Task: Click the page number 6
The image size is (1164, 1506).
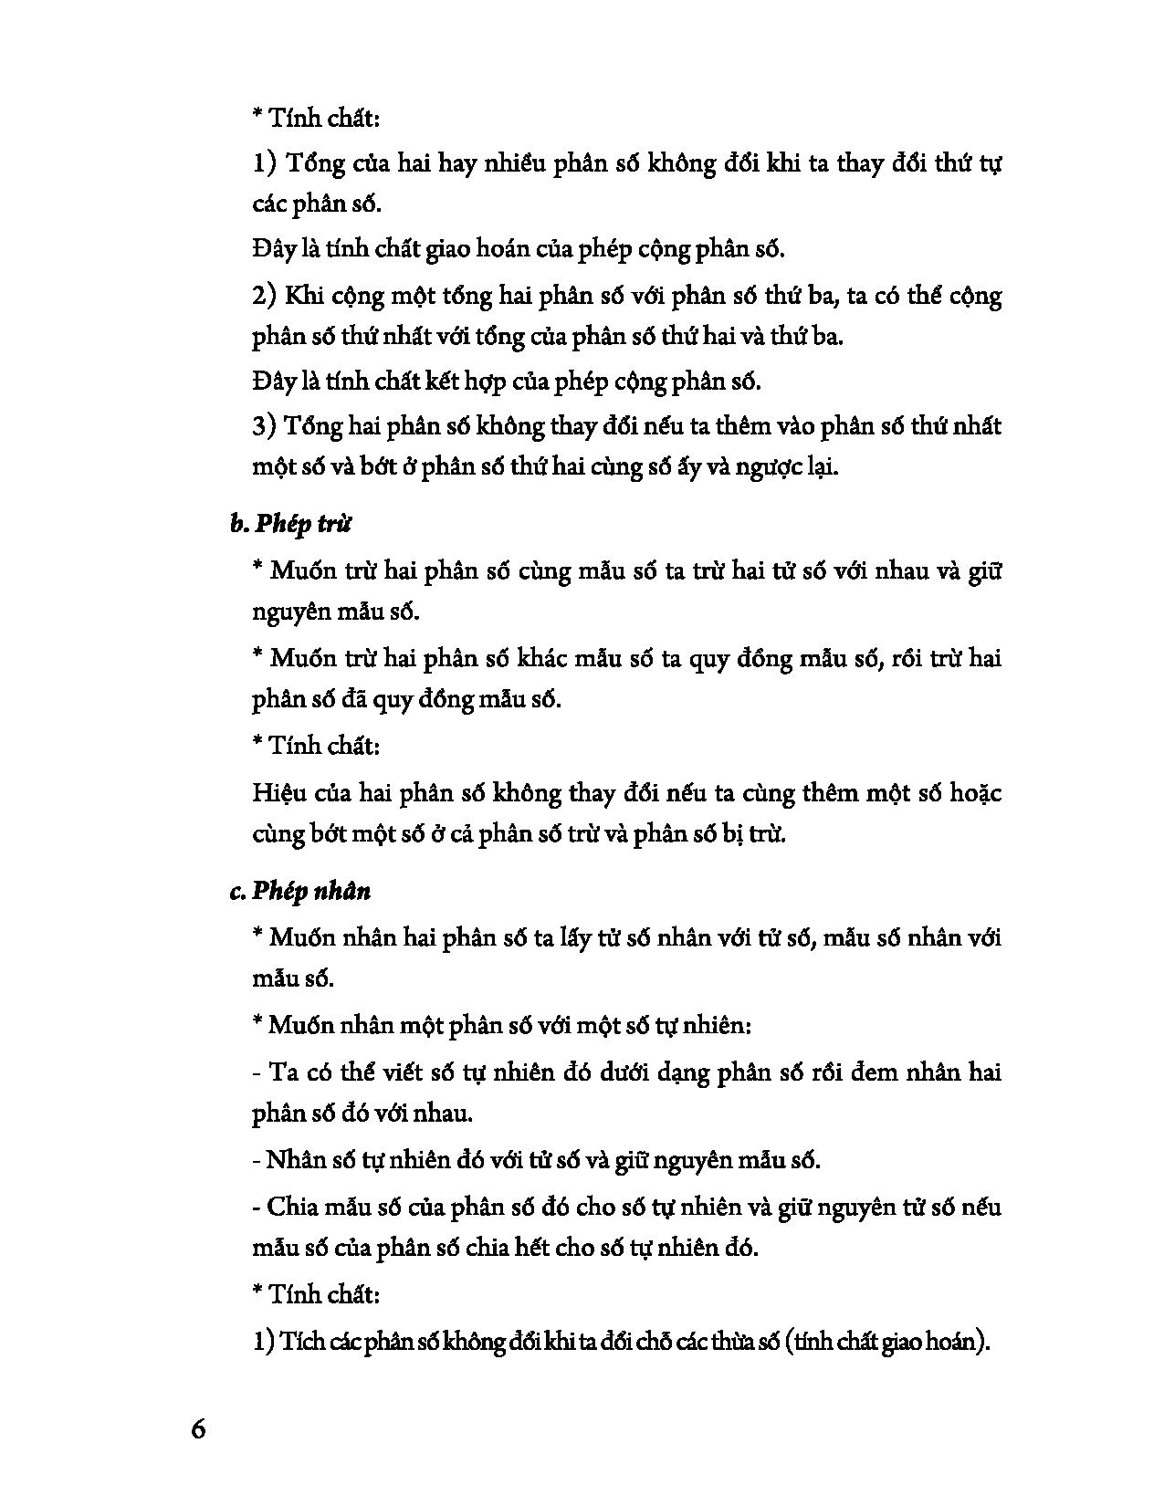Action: coord(198,1428)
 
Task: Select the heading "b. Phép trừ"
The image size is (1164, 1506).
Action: coord(290,524)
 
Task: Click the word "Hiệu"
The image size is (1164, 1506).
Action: coord(274,792)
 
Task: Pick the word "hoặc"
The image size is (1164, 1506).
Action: coord(976,792)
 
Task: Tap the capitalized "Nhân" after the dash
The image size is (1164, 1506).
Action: coord(293,1160)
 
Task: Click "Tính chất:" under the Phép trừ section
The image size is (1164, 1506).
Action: coord(315,746)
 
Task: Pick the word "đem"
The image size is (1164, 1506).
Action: coord(872,1072)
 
